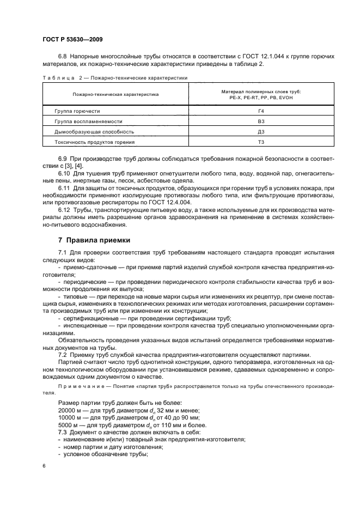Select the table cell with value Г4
click(x=261, y=111)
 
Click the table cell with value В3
click(x=261, y=122)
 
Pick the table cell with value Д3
click(x=261, y=132)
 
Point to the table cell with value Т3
click(x=261, y=142)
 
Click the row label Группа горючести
click(x=77, y=111)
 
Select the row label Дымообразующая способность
click(x=94, y=132)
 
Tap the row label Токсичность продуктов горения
click(x=94, y=142)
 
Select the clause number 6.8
click(x=63, y=57)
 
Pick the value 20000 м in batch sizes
click(x=69, y=410)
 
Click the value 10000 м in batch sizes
click(x=69, y=417)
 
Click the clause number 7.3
click(x=62, y=432)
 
